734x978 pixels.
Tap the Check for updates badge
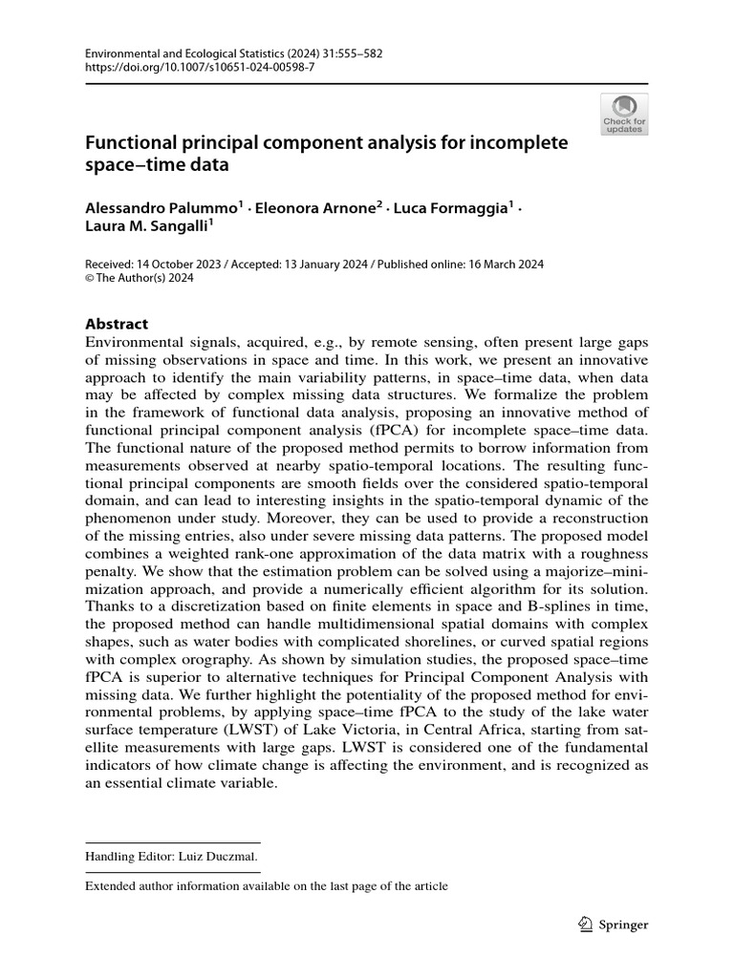tap(623, 114)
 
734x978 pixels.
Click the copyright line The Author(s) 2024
tap(148, 279)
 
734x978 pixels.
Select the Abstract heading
tap(117, 324)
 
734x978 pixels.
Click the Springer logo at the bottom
tap(615, 925)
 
